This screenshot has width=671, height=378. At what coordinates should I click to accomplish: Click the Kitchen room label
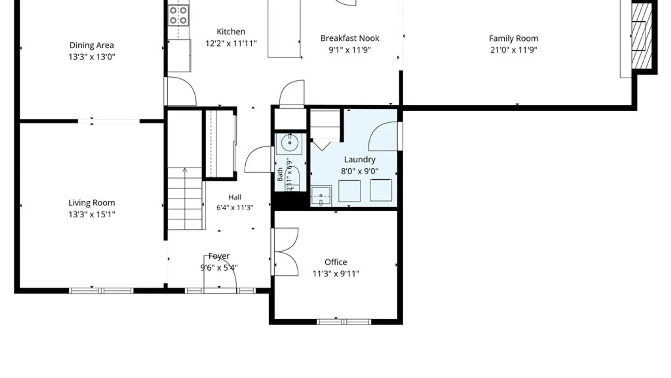pyautogui.click(x=231, y=31)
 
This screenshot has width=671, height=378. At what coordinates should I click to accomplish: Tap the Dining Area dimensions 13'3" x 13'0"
pyautogui.click(x=92, y=57)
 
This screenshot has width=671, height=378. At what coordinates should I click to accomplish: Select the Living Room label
pyautogui.click(x=92, y=203)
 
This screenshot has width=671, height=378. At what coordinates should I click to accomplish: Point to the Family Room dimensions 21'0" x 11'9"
pyautogui.click(x=513, y=50)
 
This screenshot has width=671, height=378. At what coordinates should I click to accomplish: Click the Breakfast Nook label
pyautogui.click(x=350, y=38)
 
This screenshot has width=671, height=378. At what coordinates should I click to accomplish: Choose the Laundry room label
pyautogui.click(x=360, y=160)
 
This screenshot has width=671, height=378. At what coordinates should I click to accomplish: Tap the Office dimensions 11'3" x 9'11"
pyautogui.click(x=336, y=274)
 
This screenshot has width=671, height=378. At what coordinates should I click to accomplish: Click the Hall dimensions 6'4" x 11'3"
pyautogui.click(x=235, y=208)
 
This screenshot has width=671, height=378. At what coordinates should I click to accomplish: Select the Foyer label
pyautogui.click(x=219, y=256)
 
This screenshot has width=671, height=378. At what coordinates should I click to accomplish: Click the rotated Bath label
pyautogui.click(x=280, y=174)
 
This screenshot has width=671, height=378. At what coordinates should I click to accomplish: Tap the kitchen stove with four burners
pyautogui.click(x=178, y=15)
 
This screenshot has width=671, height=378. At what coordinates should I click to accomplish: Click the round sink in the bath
pyautogui.click(x=289, y=143)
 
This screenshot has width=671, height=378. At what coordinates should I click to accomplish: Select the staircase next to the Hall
pyautogui.click(x=185, y=198)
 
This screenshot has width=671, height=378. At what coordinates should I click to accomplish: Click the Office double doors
pyautogui.click(x=285, y=252)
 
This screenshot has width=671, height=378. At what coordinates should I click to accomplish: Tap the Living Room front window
pyautogui.click(x=101, y=291)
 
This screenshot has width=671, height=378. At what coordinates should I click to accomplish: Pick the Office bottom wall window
pyautogui.click(x=344, y=322)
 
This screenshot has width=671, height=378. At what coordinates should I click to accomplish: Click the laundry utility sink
pyautogui.click(x=321, y=196)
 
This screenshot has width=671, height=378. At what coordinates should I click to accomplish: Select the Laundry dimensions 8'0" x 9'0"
pyautogui.click(x=360, y=171)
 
